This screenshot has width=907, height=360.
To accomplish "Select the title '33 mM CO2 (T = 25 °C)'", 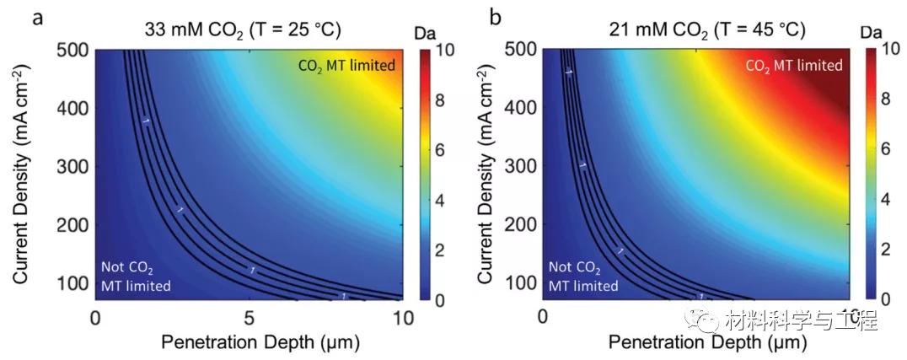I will point(243,30).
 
